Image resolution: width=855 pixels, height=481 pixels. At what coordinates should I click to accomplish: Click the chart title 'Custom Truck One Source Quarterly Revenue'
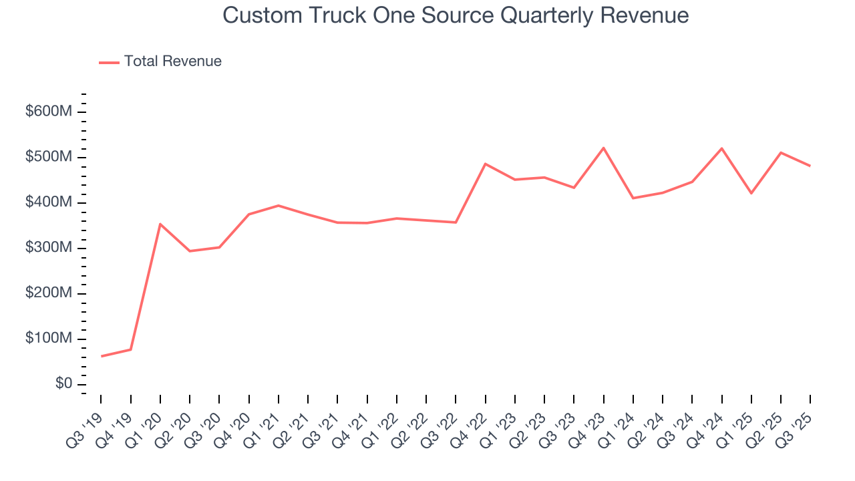[456, 15]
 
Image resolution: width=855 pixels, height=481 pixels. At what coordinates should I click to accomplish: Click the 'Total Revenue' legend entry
[172, 61]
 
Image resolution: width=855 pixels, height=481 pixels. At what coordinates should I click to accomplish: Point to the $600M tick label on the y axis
[48, 112]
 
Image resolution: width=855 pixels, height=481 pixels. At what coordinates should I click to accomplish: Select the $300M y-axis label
[48, 248]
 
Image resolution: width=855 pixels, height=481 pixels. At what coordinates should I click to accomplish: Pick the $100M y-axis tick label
[48, 339]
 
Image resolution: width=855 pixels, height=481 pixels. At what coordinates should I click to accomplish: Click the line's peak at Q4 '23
[604, 148]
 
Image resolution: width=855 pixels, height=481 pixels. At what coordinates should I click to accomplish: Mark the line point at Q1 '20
[160, 224]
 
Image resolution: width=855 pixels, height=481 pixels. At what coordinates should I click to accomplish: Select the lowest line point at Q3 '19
[101, 356]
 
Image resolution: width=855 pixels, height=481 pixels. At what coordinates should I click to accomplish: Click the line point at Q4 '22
[486, 164]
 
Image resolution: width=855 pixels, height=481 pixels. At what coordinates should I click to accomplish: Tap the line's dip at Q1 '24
[633, 198]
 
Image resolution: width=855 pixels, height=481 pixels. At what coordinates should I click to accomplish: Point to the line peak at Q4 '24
[722, 148]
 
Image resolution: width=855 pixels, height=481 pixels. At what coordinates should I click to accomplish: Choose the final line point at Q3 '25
[810, 166]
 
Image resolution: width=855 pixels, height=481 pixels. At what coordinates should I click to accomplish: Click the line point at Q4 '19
[130, 349]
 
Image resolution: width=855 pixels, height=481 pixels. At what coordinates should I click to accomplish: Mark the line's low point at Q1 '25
[751, 193]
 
